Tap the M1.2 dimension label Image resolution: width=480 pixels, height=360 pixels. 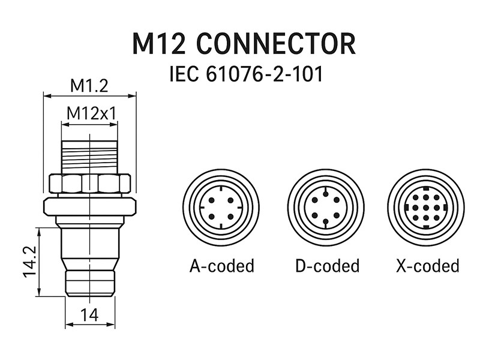pos(89,86)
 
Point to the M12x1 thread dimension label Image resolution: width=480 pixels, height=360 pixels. pos(91,113)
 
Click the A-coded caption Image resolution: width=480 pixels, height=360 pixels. pos(222,265)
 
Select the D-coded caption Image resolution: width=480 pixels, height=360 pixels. pos(327,265)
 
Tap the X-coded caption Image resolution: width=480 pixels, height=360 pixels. pos(428,265)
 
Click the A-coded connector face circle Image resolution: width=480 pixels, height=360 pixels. pos(221,207)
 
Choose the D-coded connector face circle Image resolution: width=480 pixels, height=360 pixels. pos(326,207)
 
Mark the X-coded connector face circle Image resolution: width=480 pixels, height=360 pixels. pos(425,207)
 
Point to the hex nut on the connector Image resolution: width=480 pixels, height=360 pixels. pos(89,184)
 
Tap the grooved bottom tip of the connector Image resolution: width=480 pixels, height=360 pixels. pos(89,283)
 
